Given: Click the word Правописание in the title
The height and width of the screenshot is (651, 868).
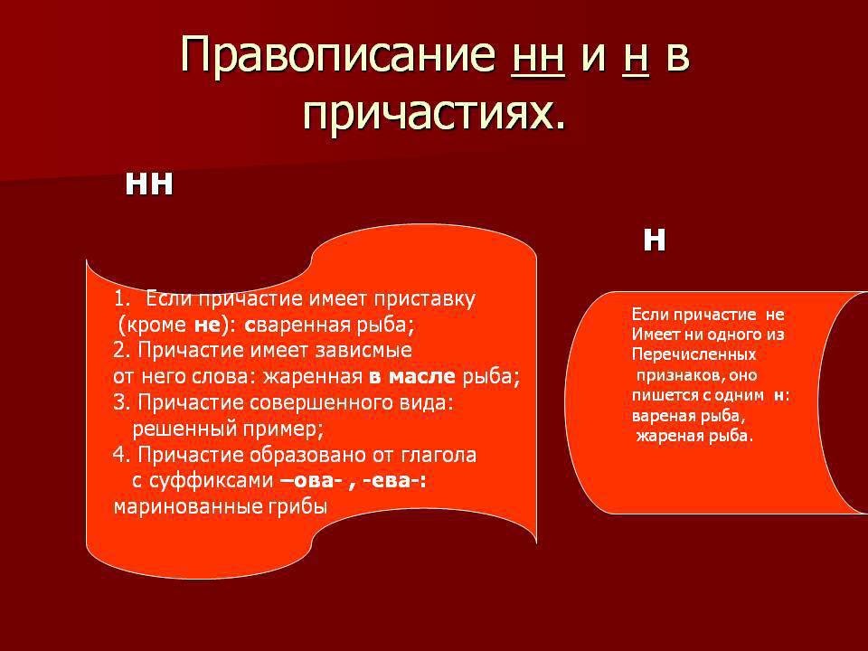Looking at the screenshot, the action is [x=337, y=54].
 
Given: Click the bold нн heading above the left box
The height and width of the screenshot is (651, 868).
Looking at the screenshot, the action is [x=149, y=184].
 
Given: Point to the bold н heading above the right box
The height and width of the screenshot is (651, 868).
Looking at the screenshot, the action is [x=655, y=241].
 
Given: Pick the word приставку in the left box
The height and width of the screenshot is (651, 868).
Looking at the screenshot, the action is [x=425, y=299].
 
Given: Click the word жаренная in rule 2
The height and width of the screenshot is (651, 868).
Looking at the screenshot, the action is [x=312, y=377].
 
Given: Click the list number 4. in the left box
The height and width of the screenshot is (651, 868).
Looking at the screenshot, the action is [x=121, y=455].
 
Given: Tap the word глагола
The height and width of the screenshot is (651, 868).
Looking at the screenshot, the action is [x=439, y=455].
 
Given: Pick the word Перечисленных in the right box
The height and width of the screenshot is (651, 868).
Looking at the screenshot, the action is [x=693, y=354].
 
